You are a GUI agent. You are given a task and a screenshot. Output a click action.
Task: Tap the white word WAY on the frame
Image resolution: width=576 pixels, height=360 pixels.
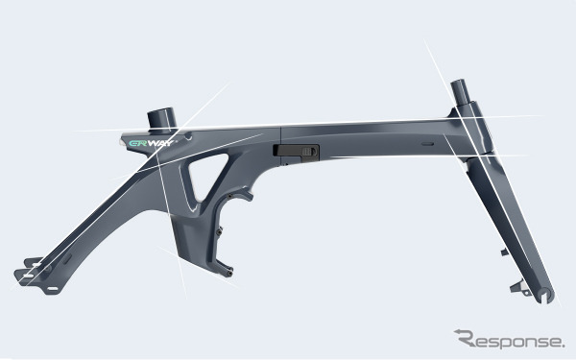(160, 143)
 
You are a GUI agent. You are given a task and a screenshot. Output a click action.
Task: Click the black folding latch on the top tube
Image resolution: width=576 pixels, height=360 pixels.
(296, 152)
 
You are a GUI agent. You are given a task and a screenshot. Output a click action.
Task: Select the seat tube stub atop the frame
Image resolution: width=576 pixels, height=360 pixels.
(161, 119)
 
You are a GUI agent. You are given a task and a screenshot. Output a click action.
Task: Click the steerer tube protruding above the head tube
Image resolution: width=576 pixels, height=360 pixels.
(460, 92)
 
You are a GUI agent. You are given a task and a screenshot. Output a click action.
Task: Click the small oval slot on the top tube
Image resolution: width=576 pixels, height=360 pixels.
(427, 144)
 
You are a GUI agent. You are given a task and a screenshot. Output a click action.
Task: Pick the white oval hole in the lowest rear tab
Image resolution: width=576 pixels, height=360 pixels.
(53, 289)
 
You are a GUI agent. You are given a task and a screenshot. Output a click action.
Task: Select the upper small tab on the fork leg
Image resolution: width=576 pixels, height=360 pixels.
(505, 252)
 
